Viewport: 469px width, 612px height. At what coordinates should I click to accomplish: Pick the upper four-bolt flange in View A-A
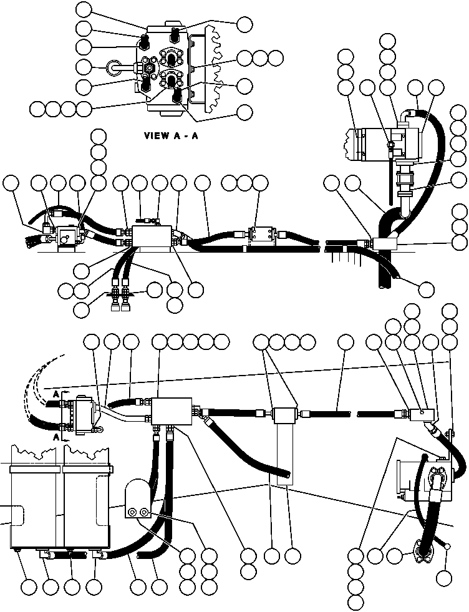171,57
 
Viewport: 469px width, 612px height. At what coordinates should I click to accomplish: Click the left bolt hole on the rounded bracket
132,512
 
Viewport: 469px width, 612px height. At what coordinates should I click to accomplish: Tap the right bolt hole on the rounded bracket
144,512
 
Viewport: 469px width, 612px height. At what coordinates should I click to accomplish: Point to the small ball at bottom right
448,547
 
